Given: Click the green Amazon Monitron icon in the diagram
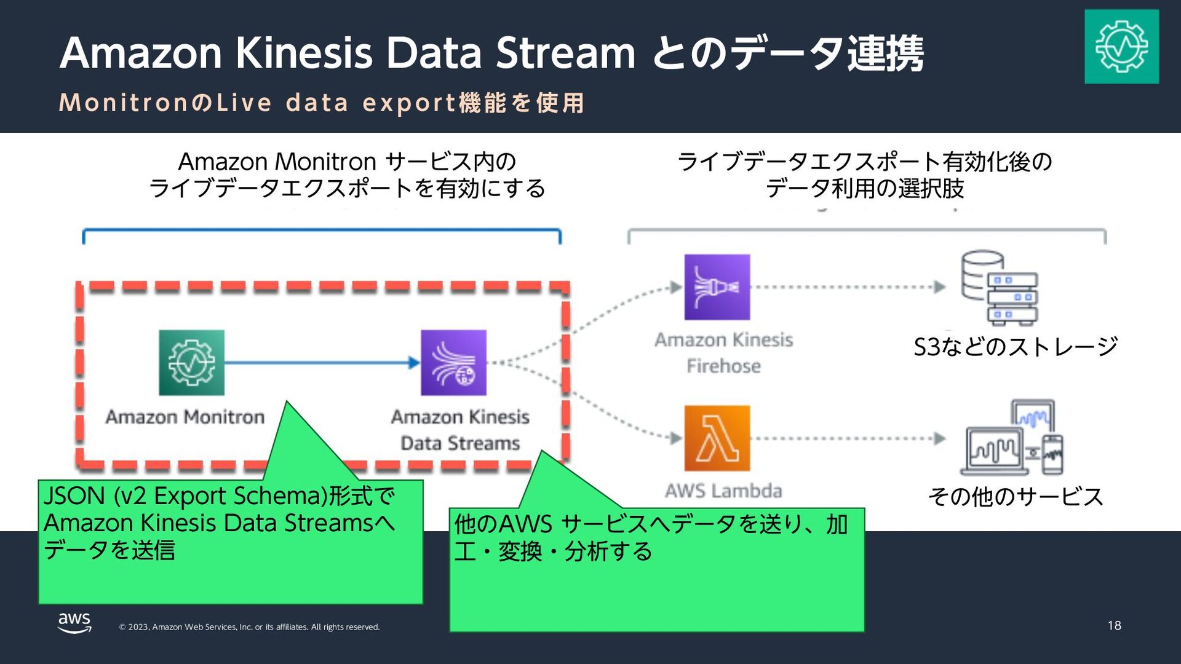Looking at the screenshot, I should pyautogui.click(x=191, y=362).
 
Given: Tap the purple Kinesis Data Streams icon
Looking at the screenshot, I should pyautogui.click(x=453, y=362).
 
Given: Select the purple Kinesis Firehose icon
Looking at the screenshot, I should pyautogui.click(x=717, y=287).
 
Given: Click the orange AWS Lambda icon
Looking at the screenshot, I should pyautogui.click(x=717, y=438).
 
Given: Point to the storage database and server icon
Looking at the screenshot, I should pyautogui.click(x=999, y=287).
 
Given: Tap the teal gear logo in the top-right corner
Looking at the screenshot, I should pyautogui.click(x=1121, y=46).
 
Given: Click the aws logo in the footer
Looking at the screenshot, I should pyautogui.click(x=74, y=622).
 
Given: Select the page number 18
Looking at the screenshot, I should pyautogui.click(x=1114, y=626).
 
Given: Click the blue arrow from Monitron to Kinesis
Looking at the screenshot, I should pyautogui.click(x=320, y=363).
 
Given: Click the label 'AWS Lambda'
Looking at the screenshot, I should pyautogui.click(x=723, y=491).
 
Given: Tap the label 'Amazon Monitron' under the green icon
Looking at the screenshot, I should pyautogui.click(x=185, y=417).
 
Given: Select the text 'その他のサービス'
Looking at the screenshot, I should pyautogui.click(x=1016, y=497).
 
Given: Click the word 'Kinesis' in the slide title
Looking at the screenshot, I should pyautogui.click(x=304, y=53).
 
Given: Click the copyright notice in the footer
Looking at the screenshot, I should pyautogui.click(x=249, y=627).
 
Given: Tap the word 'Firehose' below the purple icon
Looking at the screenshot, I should pyautogui.click(x=723, y=366).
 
